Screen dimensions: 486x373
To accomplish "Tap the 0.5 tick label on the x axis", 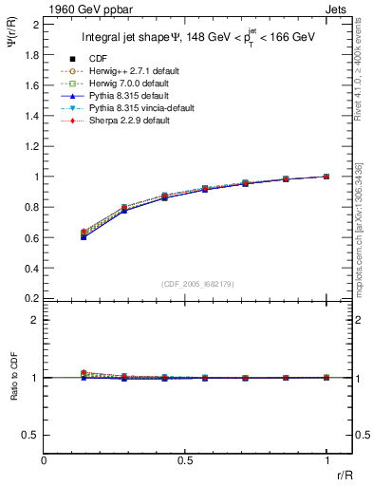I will point(185,460).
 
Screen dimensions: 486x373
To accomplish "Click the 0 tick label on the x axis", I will point(45,460).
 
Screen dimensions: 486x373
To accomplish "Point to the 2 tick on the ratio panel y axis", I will point(36,320).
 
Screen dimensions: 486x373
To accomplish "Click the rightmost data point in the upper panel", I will point(326,177).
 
